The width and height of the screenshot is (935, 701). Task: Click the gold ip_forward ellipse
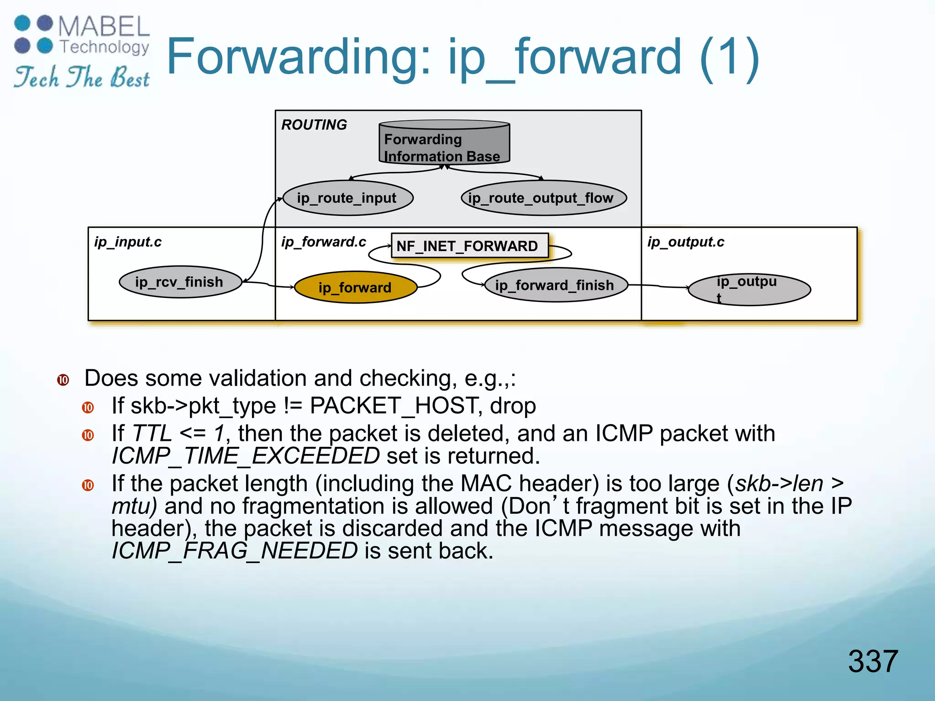coord(356,288)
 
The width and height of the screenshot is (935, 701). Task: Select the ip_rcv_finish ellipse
coord(180,282)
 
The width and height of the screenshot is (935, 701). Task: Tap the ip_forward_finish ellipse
coord(555,285)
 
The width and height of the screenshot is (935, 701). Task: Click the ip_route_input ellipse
coord(347,198)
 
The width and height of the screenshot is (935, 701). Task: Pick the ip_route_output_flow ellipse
coord(543,198)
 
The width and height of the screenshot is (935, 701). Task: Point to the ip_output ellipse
coord(749,289)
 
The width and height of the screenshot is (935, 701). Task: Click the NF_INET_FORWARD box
coord(469,246)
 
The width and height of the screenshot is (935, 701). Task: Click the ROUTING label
coord(314,125)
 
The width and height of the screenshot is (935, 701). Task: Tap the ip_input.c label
coord(128,242)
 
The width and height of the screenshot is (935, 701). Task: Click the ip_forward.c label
coord(323,242)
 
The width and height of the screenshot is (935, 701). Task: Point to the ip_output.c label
coord(685,242)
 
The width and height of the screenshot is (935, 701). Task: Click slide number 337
coord(872,661)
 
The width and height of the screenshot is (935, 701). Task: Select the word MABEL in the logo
coord(104,26)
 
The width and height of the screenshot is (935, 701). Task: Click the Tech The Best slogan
coord(82,77)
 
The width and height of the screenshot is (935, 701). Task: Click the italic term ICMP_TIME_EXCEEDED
coord(246,456)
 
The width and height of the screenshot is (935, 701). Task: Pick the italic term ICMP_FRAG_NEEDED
coord(235,551)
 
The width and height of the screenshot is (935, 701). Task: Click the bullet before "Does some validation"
coord(63,380)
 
